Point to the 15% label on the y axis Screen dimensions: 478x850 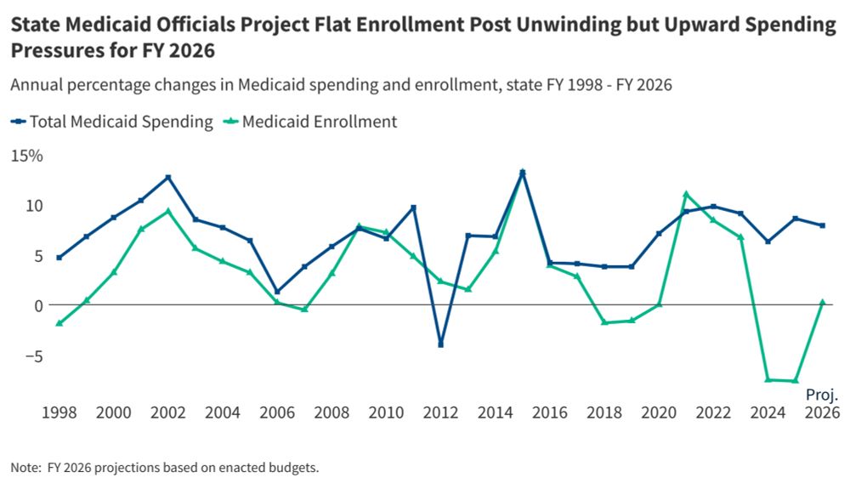click(x=26, y=156)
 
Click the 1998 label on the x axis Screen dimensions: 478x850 click(x=59, y=413)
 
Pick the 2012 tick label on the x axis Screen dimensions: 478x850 click(x=440, y=413)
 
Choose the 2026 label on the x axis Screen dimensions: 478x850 click(x=822, y=413)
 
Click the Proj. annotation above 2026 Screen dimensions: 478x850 click(x=822, y=395)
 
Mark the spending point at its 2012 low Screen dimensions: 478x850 click(x=440, y=344)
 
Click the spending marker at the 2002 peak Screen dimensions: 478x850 click(x=168, y=177)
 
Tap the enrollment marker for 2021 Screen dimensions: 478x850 click(x=686, y=195)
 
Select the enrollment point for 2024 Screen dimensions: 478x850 click(x=768, y=379)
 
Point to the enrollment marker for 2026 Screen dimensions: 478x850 click(x=822, y=302)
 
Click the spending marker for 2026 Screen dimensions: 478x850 click(x=822, y=225)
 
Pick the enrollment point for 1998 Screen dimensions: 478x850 click(x=59, y=323)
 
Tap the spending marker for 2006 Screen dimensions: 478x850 click(x=277, y=292)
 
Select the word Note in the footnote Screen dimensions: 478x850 click(x=25, y=467)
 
